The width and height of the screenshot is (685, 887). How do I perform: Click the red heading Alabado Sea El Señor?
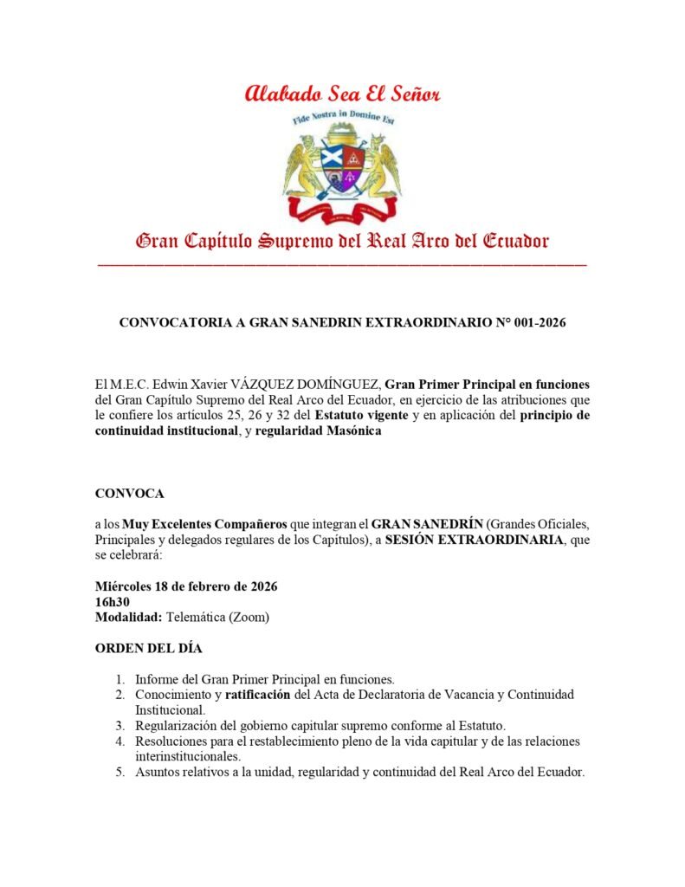tap(342, 93)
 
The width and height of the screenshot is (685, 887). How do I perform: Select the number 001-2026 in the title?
tap(537, 323)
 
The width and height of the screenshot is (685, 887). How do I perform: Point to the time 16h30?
tap(113, 601)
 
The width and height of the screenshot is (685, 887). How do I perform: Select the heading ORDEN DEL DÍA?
tap(149, 648)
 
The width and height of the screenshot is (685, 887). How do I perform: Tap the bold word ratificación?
tap(258, 695)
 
